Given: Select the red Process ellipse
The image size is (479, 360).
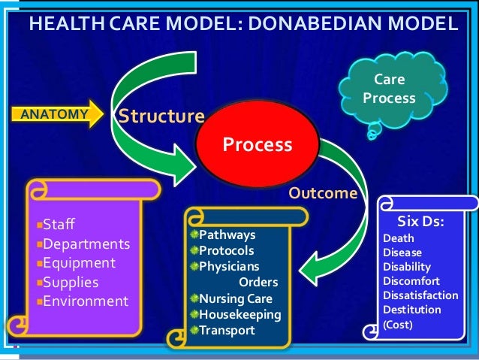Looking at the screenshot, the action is coord(257,144).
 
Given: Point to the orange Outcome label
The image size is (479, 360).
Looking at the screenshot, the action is coord(323,193).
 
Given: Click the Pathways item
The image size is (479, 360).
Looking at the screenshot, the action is coord(227,235).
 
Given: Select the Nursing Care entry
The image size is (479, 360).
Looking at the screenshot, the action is coord(231,298).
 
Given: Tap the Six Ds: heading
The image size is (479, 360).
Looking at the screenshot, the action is coord(424,222).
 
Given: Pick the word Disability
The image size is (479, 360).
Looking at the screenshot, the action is coord(407,267).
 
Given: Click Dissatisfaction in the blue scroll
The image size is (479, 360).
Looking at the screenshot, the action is coord(420,295).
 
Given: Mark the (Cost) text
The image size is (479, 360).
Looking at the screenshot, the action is coord(398,325).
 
